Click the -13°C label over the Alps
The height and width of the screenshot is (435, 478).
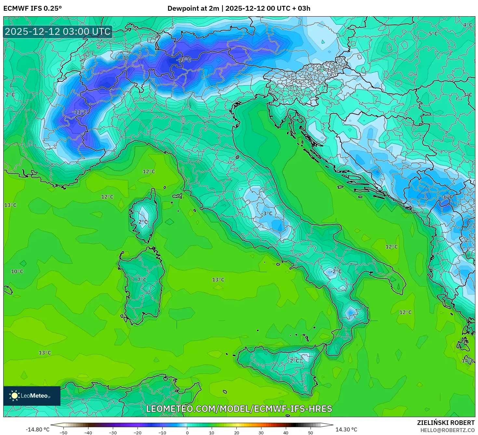point(184,60)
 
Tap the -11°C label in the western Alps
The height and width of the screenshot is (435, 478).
point(80,112)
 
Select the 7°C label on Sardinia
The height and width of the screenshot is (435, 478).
point(142,280)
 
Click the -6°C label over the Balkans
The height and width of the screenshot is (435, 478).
point(447,197)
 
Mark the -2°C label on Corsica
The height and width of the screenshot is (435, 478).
point(142,222)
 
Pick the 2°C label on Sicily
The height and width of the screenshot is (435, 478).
point(295,361)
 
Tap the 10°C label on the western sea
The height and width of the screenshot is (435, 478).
point(17,271)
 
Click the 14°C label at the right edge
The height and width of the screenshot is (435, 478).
point(468,361)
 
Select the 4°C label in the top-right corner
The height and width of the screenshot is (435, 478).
point(468,25)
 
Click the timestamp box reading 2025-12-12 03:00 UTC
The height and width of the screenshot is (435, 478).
point(58,32)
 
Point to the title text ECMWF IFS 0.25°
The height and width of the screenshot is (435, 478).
point(33,8)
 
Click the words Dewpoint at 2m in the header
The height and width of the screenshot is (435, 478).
point(193,8)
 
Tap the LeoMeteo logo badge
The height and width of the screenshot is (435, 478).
point(32,396)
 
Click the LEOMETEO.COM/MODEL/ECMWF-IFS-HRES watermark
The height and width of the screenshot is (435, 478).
point(239,409)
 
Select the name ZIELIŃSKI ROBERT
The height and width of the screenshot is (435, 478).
point(446,423)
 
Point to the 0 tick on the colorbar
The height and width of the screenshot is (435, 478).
point(187,432)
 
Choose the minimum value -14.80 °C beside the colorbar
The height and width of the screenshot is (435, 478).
point(38,429)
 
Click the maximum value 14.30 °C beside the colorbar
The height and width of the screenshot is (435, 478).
point(346,429)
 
